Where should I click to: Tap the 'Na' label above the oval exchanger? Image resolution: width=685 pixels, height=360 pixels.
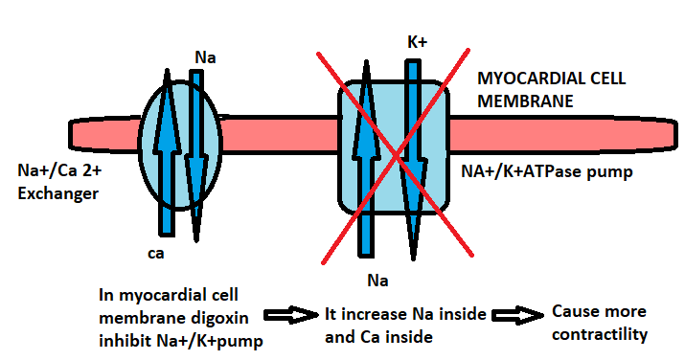pyautogui.click(x=204, y=57)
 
